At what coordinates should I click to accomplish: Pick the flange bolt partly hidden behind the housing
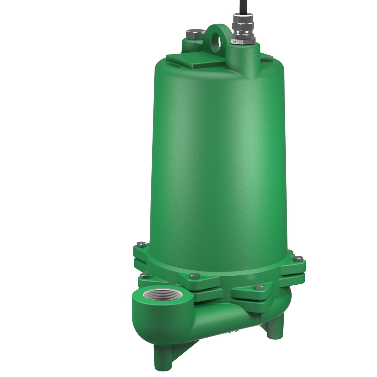(x=290, y=252)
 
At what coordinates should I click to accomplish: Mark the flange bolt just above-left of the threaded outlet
(x=144, y=275)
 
